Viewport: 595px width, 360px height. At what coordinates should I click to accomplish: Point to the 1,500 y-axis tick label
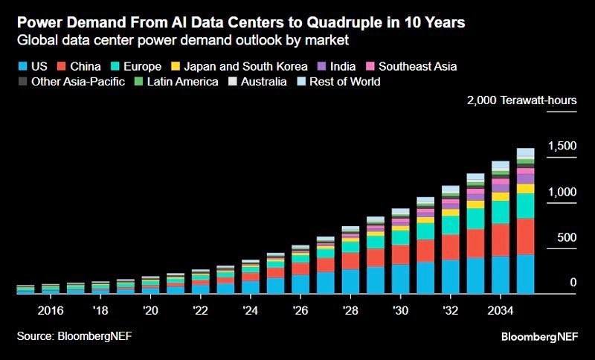coord(562,146)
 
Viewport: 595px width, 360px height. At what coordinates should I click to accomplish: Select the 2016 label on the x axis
coord(51,309)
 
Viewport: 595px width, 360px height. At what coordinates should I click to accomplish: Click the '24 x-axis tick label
coord(251,309)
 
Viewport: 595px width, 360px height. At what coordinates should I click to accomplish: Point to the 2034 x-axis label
coord(501,309)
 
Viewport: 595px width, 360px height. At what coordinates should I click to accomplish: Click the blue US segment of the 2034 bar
coord(501,275)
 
